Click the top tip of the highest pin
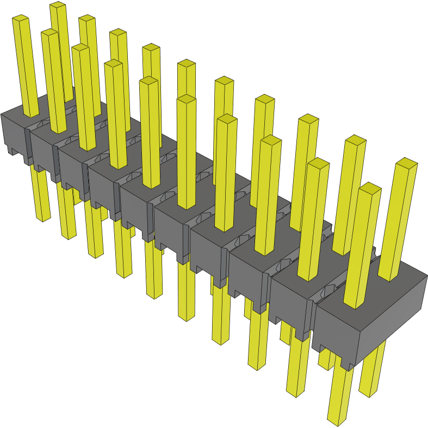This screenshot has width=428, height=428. click(57, 5)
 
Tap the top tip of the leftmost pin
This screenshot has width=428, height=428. click(20, 18)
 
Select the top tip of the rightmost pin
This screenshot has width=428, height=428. click(406, 162)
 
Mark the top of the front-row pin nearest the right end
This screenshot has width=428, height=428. click(370, 188)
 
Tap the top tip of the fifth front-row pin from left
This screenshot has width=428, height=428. click(148, 80)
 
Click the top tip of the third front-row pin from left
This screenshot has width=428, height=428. click(80, 48)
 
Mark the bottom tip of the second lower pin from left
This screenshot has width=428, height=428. click(69, 236)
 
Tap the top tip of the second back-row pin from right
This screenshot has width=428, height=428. click(355, 140)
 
